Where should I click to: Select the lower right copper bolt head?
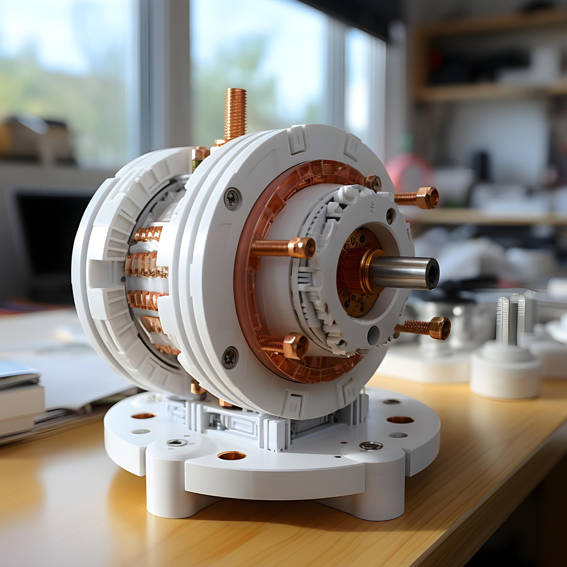click(441, 328)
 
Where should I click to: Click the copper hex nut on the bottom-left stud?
click(295, 345)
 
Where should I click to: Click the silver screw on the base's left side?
click(177, 442)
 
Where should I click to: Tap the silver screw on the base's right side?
click(371, 446)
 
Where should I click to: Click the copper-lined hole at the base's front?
click(232, 455)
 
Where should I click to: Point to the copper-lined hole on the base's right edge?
click(400, 420)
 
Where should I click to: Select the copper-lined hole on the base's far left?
click(144, 416)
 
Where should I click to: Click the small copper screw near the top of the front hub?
click(373, 183)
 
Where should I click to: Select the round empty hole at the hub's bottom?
click(373, 335)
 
